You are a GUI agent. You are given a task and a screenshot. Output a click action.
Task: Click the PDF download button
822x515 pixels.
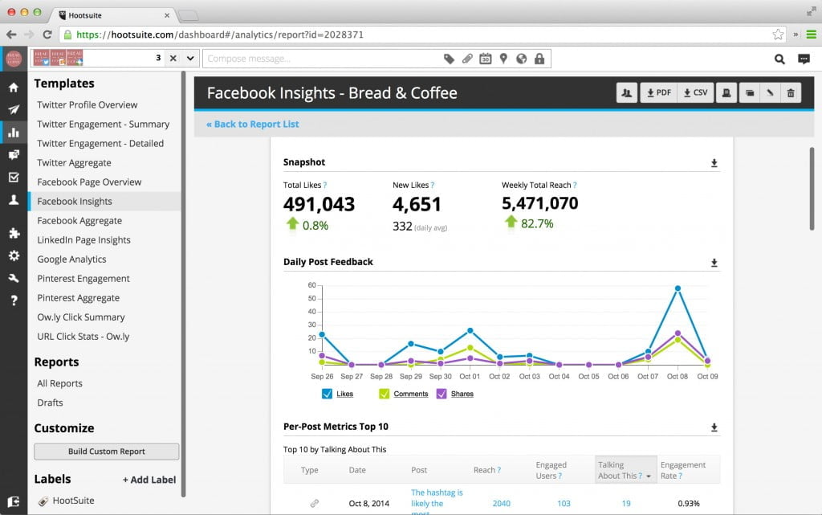(658, 92)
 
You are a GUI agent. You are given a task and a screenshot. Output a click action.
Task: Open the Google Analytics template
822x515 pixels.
(71, 260)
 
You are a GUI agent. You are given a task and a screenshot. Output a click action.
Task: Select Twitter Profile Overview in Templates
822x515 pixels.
(87, 104)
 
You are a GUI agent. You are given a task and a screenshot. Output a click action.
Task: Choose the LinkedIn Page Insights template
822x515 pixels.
(83, 240)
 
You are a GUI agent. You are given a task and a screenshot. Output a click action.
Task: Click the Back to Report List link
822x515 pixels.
(252, 124)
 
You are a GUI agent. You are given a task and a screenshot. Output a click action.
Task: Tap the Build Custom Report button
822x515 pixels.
(106, 452)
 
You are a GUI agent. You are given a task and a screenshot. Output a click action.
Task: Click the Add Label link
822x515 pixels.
(149, 480)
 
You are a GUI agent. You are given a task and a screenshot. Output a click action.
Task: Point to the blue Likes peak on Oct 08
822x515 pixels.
(678, 288)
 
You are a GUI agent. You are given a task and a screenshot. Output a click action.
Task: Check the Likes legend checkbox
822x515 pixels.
(327, 394)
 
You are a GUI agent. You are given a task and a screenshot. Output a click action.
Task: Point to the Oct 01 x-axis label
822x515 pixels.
(470, 376)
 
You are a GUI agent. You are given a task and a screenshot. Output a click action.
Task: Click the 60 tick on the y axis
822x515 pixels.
(312, 285)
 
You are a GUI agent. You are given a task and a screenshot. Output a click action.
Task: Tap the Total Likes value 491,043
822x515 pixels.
(319, 203)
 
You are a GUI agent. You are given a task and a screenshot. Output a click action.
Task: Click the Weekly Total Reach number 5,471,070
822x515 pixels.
(539, 203)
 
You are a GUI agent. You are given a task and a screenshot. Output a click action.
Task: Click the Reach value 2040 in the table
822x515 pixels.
(501, 504)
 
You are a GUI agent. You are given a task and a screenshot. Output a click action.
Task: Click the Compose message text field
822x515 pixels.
(321, 59)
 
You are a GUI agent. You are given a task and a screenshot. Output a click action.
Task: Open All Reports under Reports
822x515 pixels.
(59, 383)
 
